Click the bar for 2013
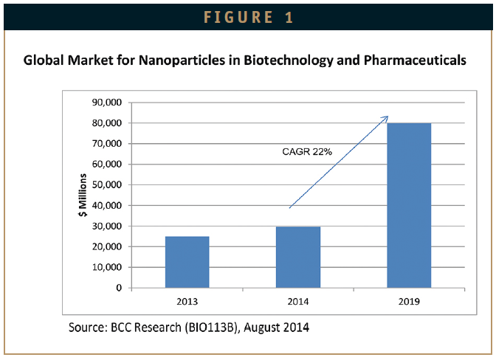tap(187, 262)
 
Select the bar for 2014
tap(297, 257)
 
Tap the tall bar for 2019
tap(409, 205)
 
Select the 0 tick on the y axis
tap(119, 288)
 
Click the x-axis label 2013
tap(187, 301)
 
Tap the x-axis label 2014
tap(297, 301)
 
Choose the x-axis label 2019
tap(409, 301)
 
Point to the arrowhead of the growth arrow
tap(385, 118)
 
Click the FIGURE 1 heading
tap(248, 16)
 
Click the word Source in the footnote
tap(87, 325)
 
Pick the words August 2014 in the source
tap(282, 325)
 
